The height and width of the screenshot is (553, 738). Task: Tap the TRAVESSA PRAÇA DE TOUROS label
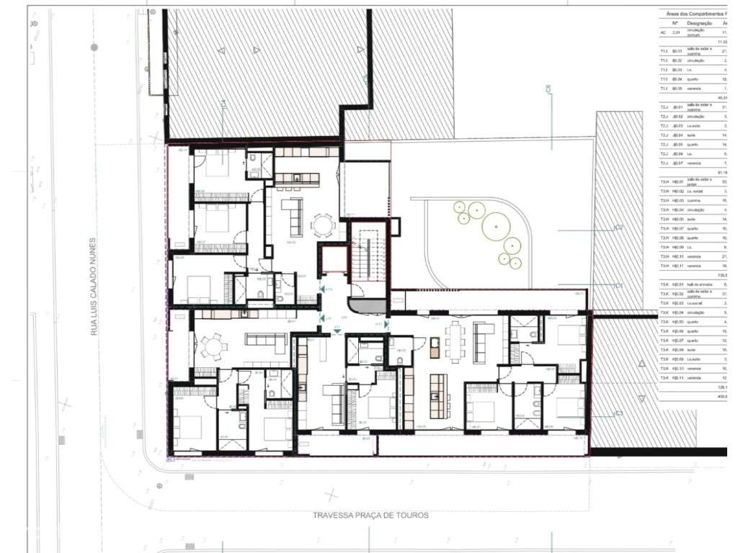[x=370, y=516]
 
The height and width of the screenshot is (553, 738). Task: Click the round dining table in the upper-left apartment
[x=322, y=226]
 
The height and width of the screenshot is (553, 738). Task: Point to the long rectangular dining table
[x=455, y=338]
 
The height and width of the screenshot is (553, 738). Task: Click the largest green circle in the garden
[x=496, y=225]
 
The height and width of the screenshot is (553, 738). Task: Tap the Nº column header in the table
[x=675, y=23]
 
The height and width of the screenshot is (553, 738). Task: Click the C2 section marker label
[x=618, y=228]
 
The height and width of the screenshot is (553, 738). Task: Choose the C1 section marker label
[x=618, y=286]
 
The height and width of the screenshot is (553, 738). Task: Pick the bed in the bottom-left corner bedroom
[x=191, y=425]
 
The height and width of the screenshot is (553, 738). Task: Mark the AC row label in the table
[x=663, y=32]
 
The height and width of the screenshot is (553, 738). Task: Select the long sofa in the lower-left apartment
[x=267, y=338]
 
